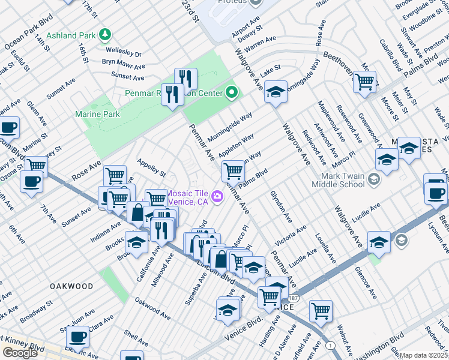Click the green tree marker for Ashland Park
106,34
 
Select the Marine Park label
97,114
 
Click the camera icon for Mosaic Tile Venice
217,196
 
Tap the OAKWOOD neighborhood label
71,286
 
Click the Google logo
20,352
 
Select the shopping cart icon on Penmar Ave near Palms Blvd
233,170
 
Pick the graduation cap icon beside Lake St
276,91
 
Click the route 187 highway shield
292,298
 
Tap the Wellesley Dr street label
125,54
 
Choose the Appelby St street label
151,167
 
